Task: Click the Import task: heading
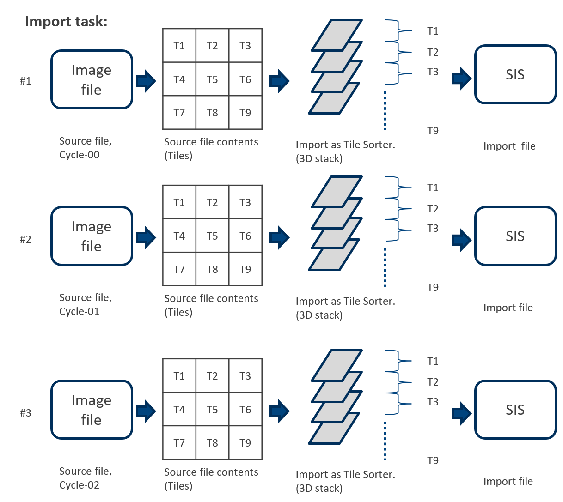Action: tap(66, 22)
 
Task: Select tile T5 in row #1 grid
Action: tap(212, 79)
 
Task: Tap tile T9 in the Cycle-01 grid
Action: tap(245, 269)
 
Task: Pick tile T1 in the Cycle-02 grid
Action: tap(179, 376)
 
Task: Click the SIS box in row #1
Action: tap(515, 75)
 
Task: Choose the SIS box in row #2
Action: tap(515, 236)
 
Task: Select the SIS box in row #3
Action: tap(515, 410)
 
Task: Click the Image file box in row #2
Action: tap(92, 236)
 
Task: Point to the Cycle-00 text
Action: tap(80, 155)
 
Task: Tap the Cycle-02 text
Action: tap(80, 485)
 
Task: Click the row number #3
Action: tap(25, 413)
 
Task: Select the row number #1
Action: tap(25, 81)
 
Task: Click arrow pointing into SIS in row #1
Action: tap(461, 78)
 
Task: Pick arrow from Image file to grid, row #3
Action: tap(146, 411)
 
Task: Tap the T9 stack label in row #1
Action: tap(433, 131)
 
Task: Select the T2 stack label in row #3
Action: tap(433, 382)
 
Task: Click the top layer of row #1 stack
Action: tap(337, 35)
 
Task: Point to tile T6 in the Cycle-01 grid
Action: tap(245, 236)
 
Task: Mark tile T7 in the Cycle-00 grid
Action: tap(179, 113)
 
